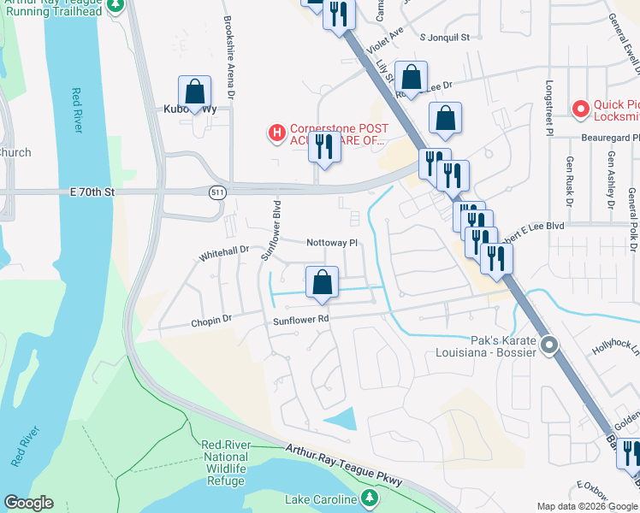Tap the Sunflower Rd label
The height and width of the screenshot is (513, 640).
(x=301, y=321)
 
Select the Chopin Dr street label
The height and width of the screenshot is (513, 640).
(x=211, y=320)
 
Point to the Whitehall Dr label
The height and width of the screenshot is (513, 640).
(x=223, y=253)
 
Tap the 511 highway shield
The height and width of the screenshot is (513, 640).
(x=218, y=193)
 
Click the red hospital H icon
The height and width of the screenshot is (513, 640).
(x=276, y=133)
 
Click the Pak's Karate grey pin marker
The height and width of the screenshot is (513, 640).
(x=549, y=345)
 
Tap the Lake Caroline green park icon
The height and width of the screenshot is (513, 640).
(x=369, y=498)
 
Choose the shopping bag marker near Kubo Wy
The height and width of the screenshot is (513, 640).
(x=194, y=91)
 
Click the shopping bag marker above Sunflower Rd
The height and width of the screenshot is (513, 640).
(x=322, y=281)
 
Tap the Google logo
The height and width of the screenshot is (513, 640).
(x=28, y=503)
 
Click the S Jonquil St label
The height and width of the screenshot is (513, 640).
(x=445, y=38)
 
